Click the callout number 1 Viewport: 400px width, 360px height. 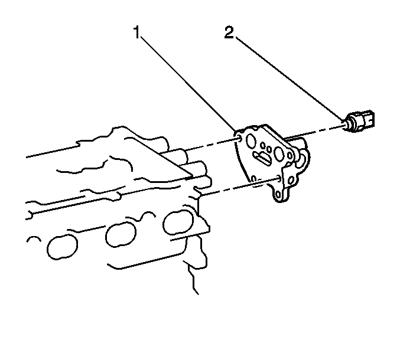tap(137, 32)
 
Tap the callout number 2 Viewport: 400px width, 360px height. tap(229, 32)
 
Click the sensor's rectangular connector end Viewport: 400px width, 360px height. tap(368, 119)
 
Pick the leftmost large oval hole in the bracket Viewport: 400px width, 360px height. tap(251, 140)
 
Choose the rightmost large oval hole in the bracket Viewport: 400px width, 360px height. tap(278, 153)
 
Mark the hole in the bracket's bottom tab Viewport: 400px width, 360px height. tap(278, 195)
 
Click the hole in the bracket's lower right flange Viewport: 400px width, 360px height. tap(291, 181)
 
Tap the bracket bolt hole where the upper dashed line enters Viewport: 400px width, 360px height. tap(240, 139)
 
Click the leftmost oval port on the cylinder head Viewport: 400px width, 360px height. tap(62, 246)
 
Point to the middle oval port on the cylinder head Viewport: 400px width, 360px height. tap(121, 234)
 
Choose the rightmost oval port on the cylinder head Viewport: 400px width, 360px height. tap(178, 222)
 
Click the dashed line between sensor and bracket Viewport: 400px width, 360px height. tap(314, 132)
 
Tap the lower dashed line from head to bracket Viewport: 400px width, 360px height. tap(240, 186)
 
